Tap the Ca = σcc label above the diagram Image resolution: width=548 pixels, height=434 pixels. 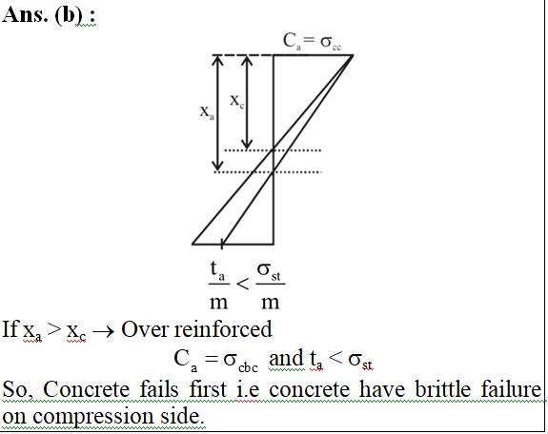pyautogui.click(x=312, y=41)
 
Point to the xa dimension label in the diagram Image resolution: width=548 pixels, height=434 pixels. pyautogui.click(x=207, y=112)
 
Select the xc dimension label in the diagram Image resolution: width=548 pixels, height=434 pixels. pyautogui.click(x=236, y=101)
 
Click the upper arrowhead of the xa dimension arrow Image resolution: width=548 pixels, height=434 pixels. pyautogui.click(x=217, y=60)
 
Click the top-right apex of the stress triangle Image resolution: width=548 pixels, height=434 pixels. pyautogui.click(x=353, y=55)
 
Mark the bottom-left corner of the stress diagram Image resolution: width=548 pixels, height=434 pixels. pyautogui.click(x=193, y=244)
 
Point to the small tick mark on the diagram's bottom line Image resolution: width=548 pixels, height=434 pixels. pyautogui.click(x=222, y=244)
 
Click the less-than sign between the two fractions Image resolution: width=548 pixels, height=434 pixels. pyautogui.click(x=242, y=284)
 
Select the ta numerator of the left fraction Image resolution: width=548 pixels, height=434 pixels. pyautogui.click(x=217, y=271)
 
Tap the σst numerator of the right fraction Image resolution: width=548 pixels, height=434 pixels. pyautogui.click(x=269, y=271)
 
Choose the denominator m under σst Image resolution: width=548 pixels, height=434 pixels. pyautogui.click(x=270, y=303)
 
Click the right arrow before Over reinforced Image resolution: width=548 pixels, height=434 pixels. pyautogui.click(x=103, y=331)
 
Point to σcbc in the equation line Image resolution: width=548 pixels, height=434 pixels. pyautogui.click(x=240, y=361)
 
